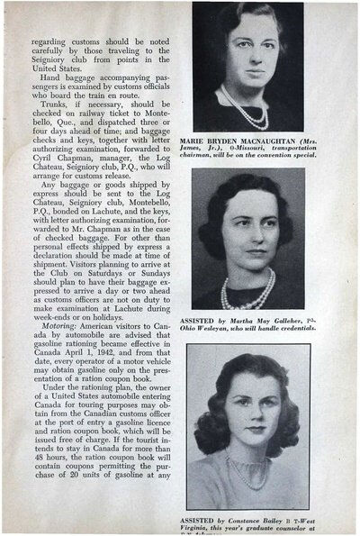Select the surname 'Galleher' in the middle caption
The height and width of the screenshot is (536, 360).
(x=296, y=321)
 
